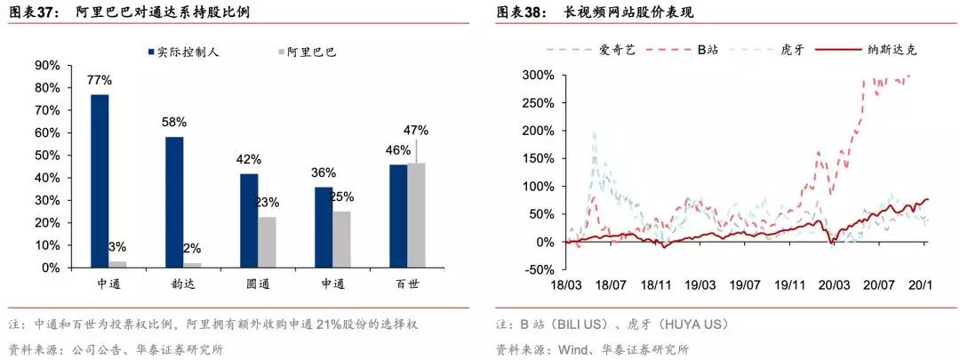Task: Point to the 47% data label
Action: coord(416,130)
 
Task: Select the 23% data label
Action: coord(268,202)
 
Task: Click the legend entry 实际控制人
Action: coord(188,52)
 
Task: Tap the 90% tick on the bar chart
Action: coord(46,65)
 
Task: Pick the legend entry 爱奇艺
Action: coord(614,50)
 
